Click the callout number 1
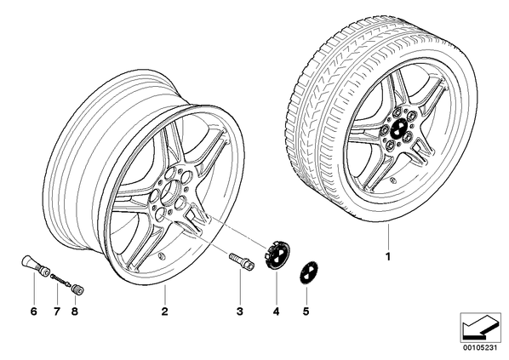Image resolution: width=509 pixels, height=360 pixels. point(387,256)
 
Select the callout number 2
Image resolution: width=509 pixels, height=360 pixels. point(164,311)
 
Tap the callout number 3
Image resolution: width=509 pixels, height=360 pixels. point(239,311)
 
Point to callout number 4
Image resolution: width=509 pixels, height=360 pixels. point(276,311)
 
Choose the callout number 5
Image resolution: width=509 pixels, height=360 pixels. point(306,311)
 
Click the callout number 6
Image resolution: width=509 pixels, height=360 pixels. point(34,311)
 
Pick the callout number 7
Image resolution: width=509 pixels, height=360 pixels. point(57,311)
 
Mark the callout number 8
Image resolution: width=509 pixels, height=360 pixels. point(75,311)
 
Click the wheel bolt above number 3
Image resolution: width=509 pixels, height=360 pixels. point(242,260)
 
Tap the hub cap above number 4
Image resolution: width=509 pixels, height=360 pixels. point(277,254)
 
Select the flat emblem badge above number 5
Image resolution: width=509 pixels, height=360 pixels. point(309,274)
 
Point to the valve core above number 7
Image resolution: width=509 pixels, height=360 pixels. point(60,280)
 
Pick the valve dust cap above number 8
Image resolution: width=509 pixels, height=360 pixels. point(77,289)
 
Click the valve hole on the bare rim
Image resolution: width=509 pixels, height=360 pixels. point(160,257)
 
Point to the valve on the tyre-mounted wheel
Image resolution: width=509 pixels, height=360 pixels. point(392,180)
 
